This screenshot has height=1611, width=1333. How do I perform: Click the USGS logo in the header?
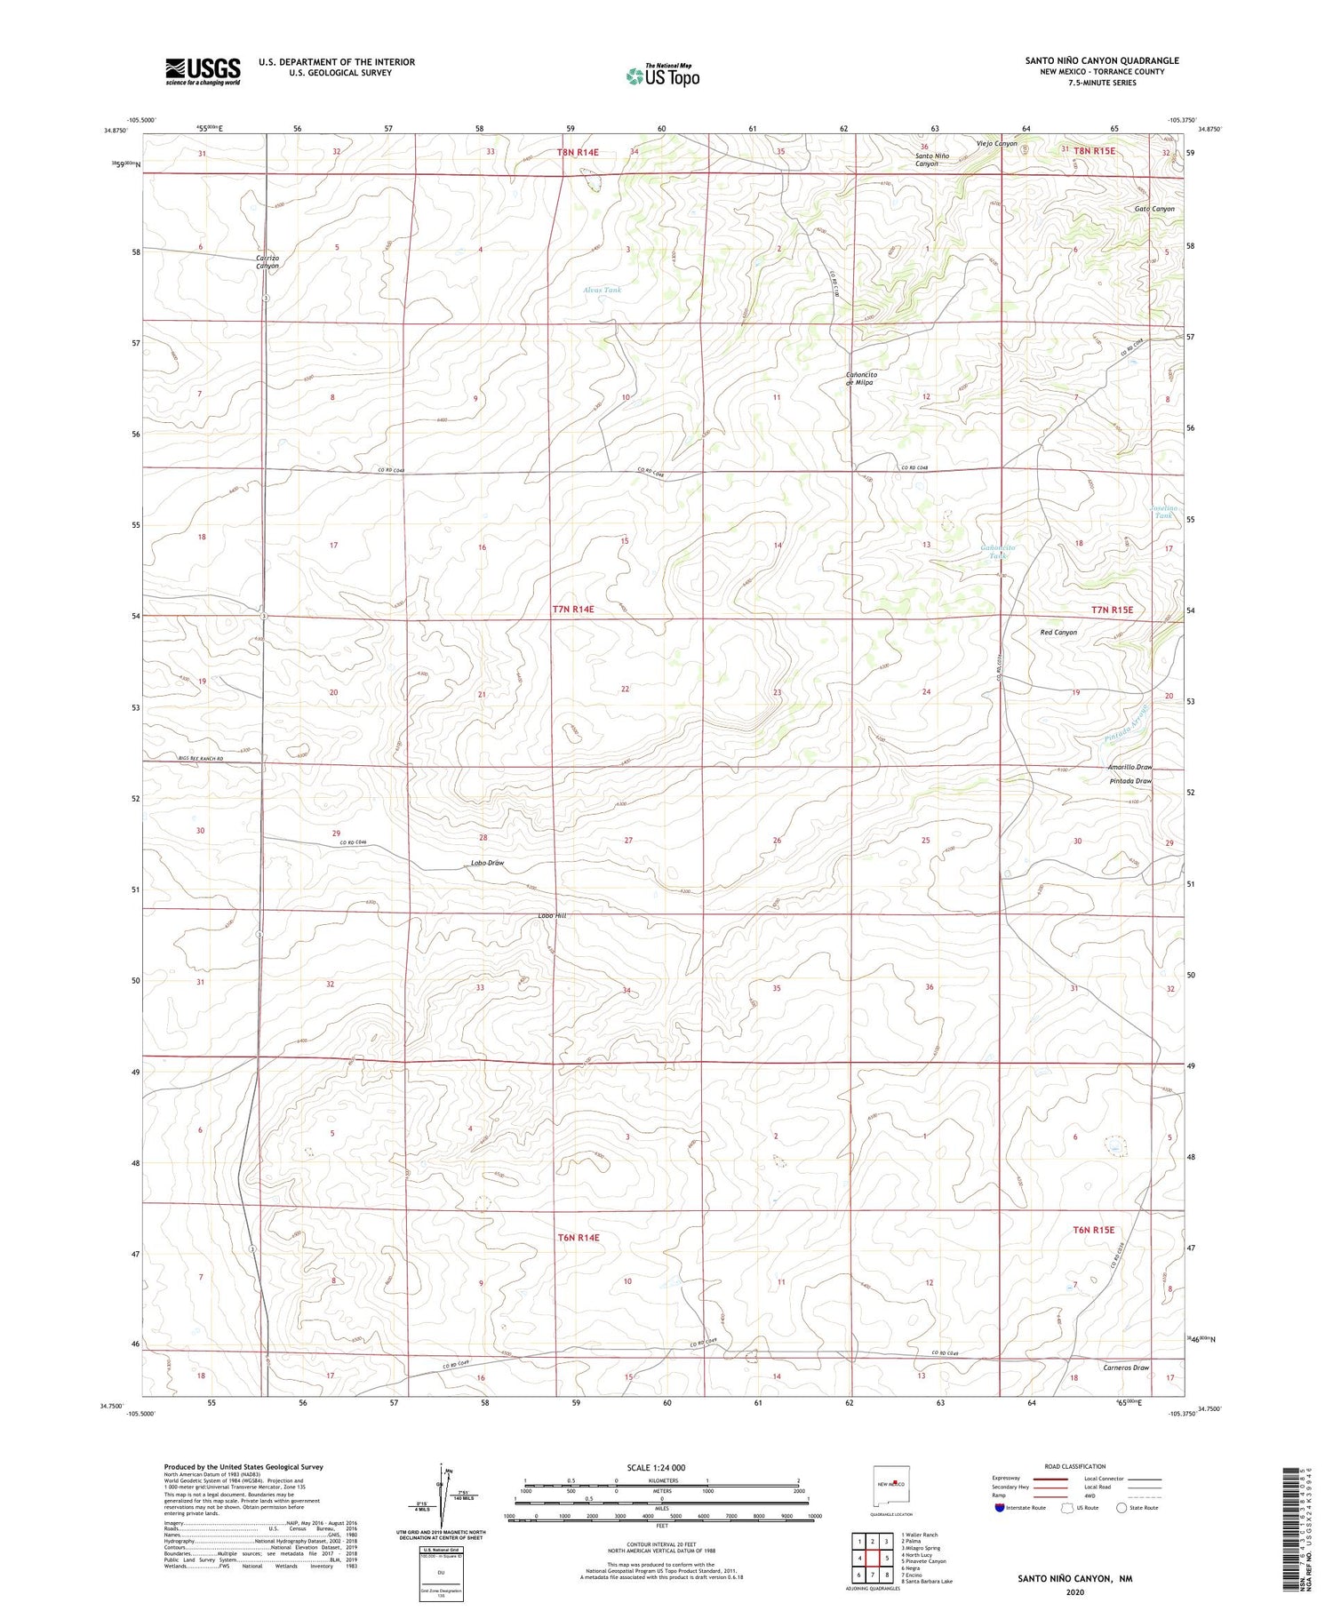203,71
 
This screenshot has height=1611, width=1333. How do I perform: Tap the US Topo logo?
663,76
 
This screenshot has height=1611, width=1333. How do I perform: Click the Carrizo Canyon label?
267,261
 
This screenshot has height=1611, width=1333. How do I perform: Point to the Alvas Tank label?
603,290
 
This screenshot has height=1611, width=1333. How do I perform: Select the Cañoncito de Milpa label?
861,379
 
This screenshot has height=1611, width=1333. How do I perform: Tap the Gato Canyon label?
1154,209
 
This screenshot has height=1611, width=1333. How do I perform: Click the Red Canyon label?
1058,633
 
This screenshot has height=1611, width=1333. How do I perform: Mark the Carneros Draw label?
1123,1368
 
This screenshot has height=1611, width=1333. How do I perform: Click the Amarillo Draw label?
1129,767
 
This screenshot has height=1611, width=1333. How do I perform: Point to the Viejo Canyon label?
996,143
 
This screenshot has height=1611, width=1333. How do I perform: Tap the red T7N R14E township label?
573,610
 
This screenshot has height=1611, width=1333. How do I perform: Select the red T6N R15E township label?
1092,1230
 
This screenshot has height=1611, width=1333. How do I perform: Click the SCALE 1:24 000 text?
657,1467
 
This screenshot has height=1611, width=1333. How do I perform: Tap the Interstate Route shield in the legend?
1000,1508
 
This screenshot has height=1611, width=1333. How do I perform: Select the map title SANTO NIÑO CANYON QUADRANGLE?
1102,60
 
